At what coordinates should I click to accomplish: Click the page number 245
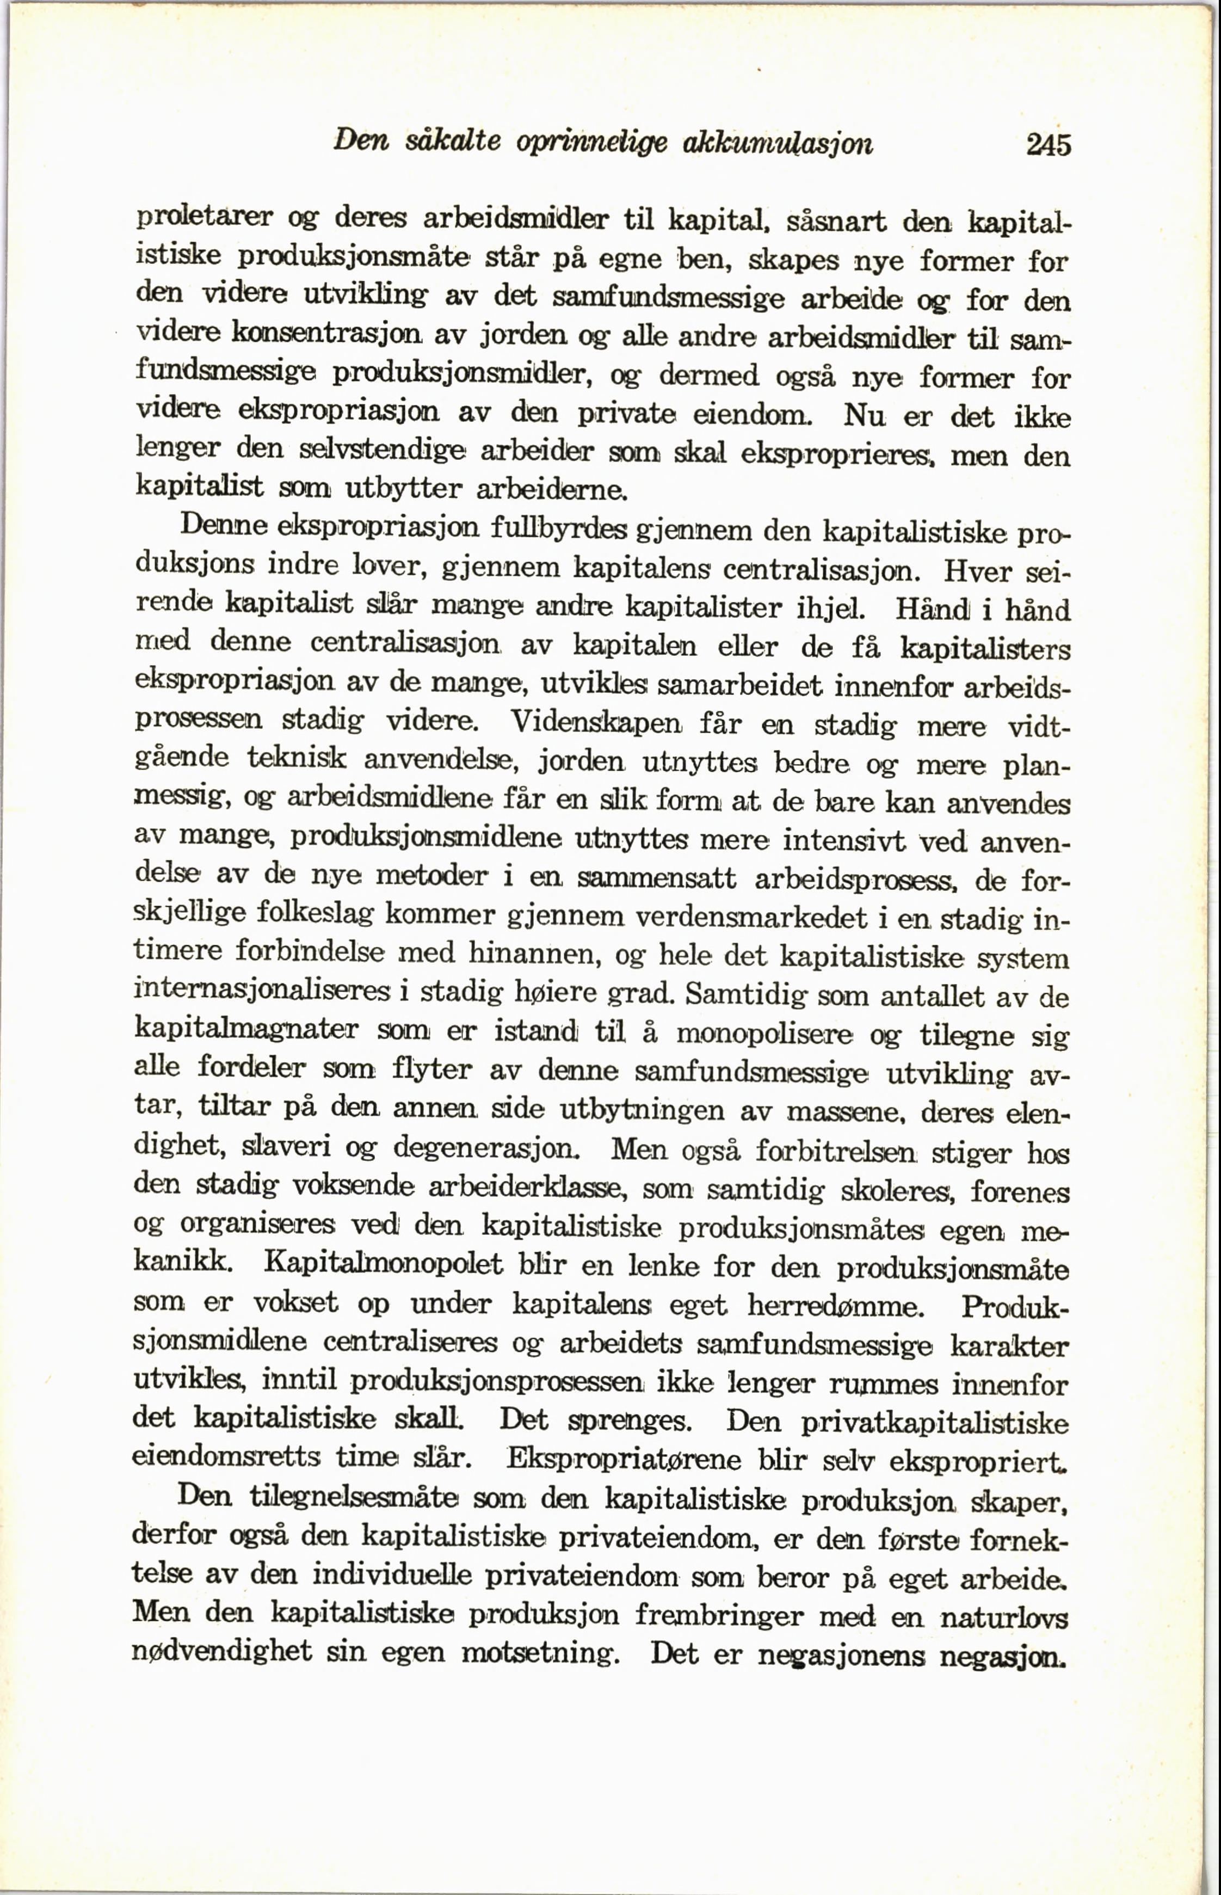point(1048,145)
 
